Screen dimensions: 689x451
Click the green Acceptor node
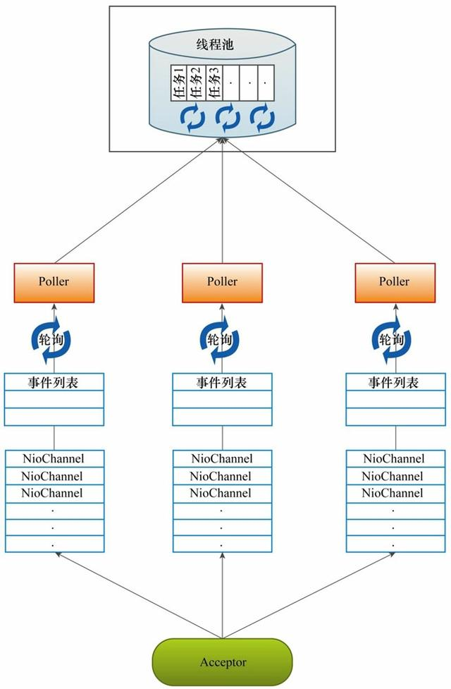222,662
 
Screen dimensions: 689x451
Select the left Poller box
54,281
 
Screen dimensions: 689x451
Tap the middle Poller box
222,281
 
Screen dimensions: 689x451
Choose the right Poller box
394,281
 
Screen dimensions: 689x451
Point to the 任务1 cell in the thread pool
178,83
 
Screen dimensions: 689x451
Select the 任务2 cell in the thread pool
196,83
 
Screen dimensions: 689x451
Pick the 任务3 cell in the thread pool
214,83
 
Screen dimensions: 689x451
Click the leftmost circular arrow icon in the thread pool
192,118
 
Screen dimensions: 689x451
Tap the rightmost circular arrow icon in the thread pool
262,118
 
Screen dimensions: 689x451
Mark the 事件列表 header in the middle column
222,382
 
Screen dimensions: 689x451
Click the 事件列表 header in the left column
54,382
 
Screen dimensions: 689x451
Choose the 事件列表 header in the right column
394,382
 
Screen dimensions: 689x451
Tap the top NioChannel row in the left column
54,459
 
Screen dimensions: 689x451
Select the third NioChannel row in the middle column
222,493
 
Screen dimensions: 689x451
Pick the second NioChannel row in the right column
394,476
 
